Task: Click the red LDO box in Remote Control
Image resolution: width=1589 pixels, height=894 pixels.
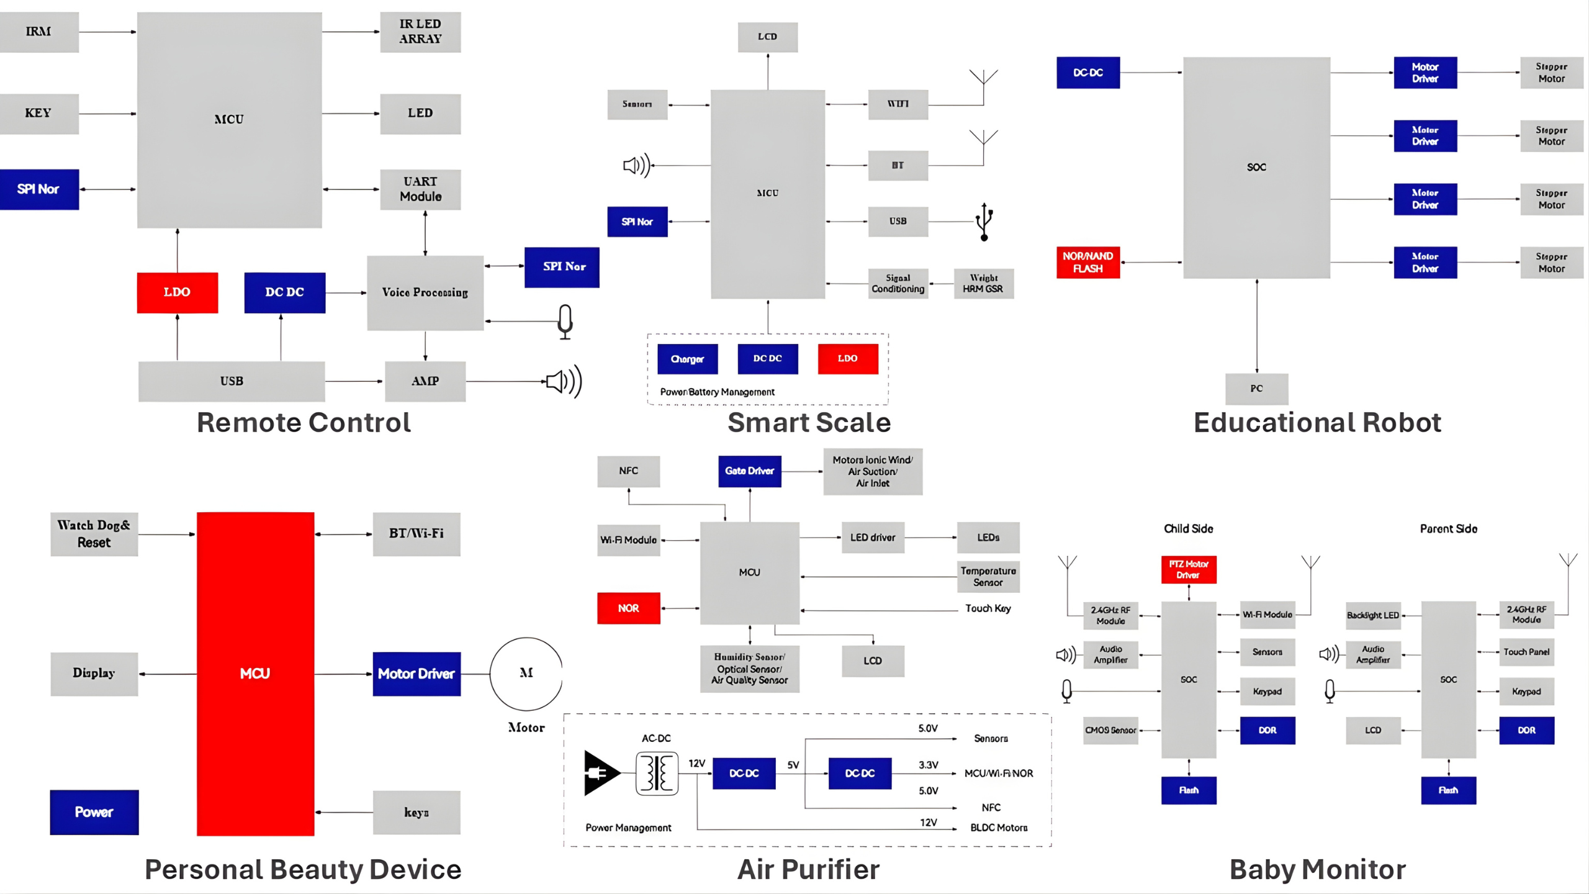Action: (177, 292)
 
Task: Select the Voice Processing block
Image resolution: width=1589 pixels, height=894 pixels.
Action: (425, 292)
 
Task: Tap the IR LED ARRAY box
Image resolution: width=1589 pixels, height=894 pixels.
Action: (420, 32)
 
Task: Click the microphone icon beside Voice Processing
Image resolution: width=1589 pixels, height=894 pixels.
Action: (565, 321)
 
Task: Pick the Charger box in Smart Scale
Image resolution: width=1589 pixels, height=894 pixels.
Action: (687, 359)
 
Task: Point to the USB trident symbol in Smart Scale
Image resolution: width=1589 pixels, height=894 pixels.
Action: (984, 222)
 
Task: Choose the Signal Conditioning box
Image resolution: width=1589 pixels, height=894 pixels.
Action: (898, 284)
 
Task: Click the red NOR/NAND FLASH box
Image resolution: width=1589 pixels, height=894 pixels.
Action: (1087, 262)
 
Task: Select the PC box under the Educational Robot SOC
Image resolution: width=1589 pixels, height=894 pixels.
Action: (1256, 389)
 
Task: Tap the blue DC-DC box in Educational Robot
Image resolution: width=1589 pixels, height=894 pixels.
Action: (1087, 73)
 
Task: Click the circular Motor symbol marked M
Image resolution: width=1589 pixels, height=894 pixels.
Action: (526, 674)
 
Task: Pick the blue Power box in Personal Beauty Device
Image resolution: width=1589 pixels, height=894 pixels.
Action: (94, 812)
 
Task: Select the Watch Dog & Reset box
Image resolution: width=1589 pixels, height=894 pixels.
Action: (94, 534)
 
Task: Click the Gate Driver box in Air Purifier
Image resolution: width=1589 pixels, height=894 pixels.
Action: (749, 471)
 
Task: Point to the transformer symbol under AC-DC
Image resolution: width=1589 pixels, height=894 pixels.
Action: (657, 774)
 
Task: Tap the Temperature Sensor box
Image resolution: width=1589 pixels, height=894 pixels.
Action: (988, 576)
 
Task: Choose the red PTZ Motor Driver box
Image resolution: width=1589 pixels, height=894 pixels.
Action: (1188, 569)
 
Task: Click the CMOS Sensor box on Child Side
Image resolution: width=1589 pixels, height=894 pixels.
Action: (1110, 730)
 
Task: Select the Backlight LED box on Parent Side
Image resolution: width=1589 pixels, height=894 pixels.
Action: (1372, 615)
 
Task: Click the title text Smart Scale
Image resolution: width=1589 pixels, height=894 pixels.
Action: (809, 423)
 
